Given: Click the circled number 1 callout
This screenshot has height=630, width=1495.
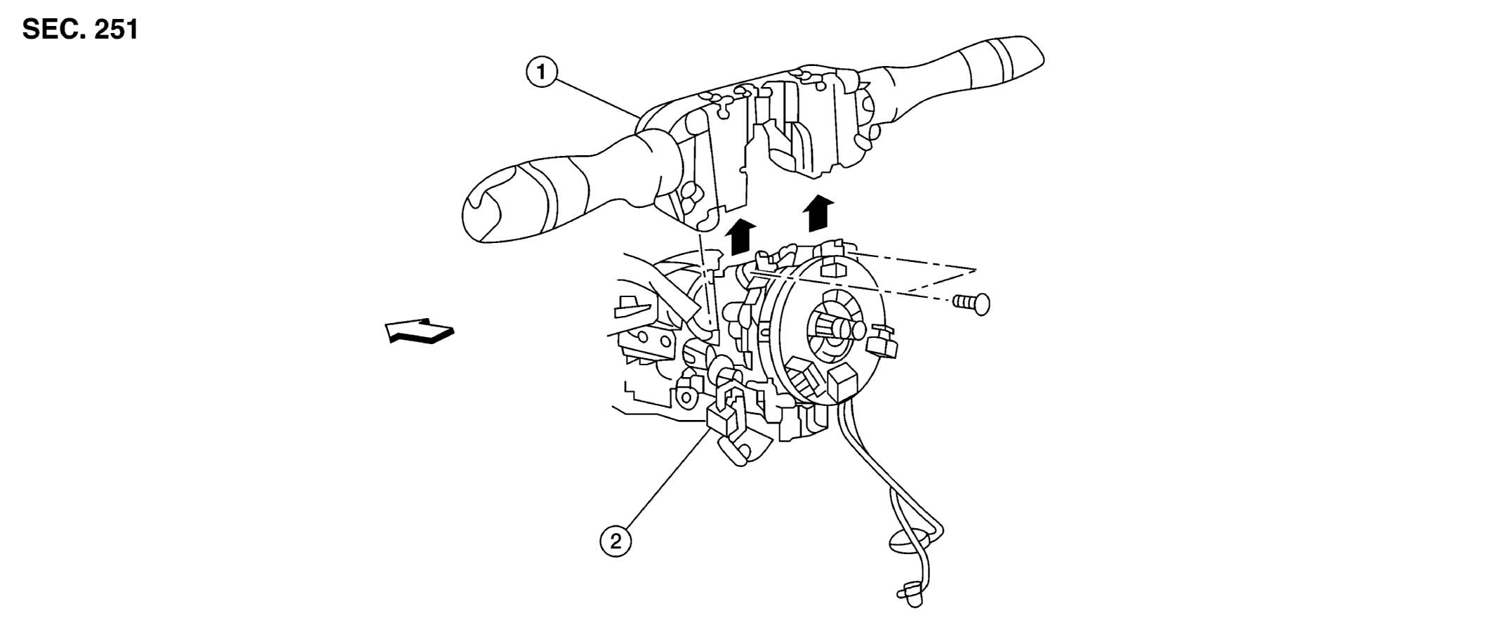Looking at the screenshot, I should (541, 72).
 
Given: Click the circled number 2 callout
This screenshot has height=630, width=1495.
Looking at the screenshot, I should (616, 542).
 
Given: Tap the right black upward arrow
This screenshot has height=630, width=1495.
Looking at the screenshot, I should (818, 213).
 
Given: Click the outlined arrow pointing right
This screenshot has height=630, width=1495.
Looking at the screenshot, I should (420, 331).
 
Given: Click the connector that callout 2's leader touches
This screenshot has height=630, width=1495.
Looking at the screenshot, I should (722, 419).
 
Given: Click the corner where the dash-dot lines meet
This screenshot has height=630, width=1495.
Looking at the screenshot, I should (976, 270).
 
